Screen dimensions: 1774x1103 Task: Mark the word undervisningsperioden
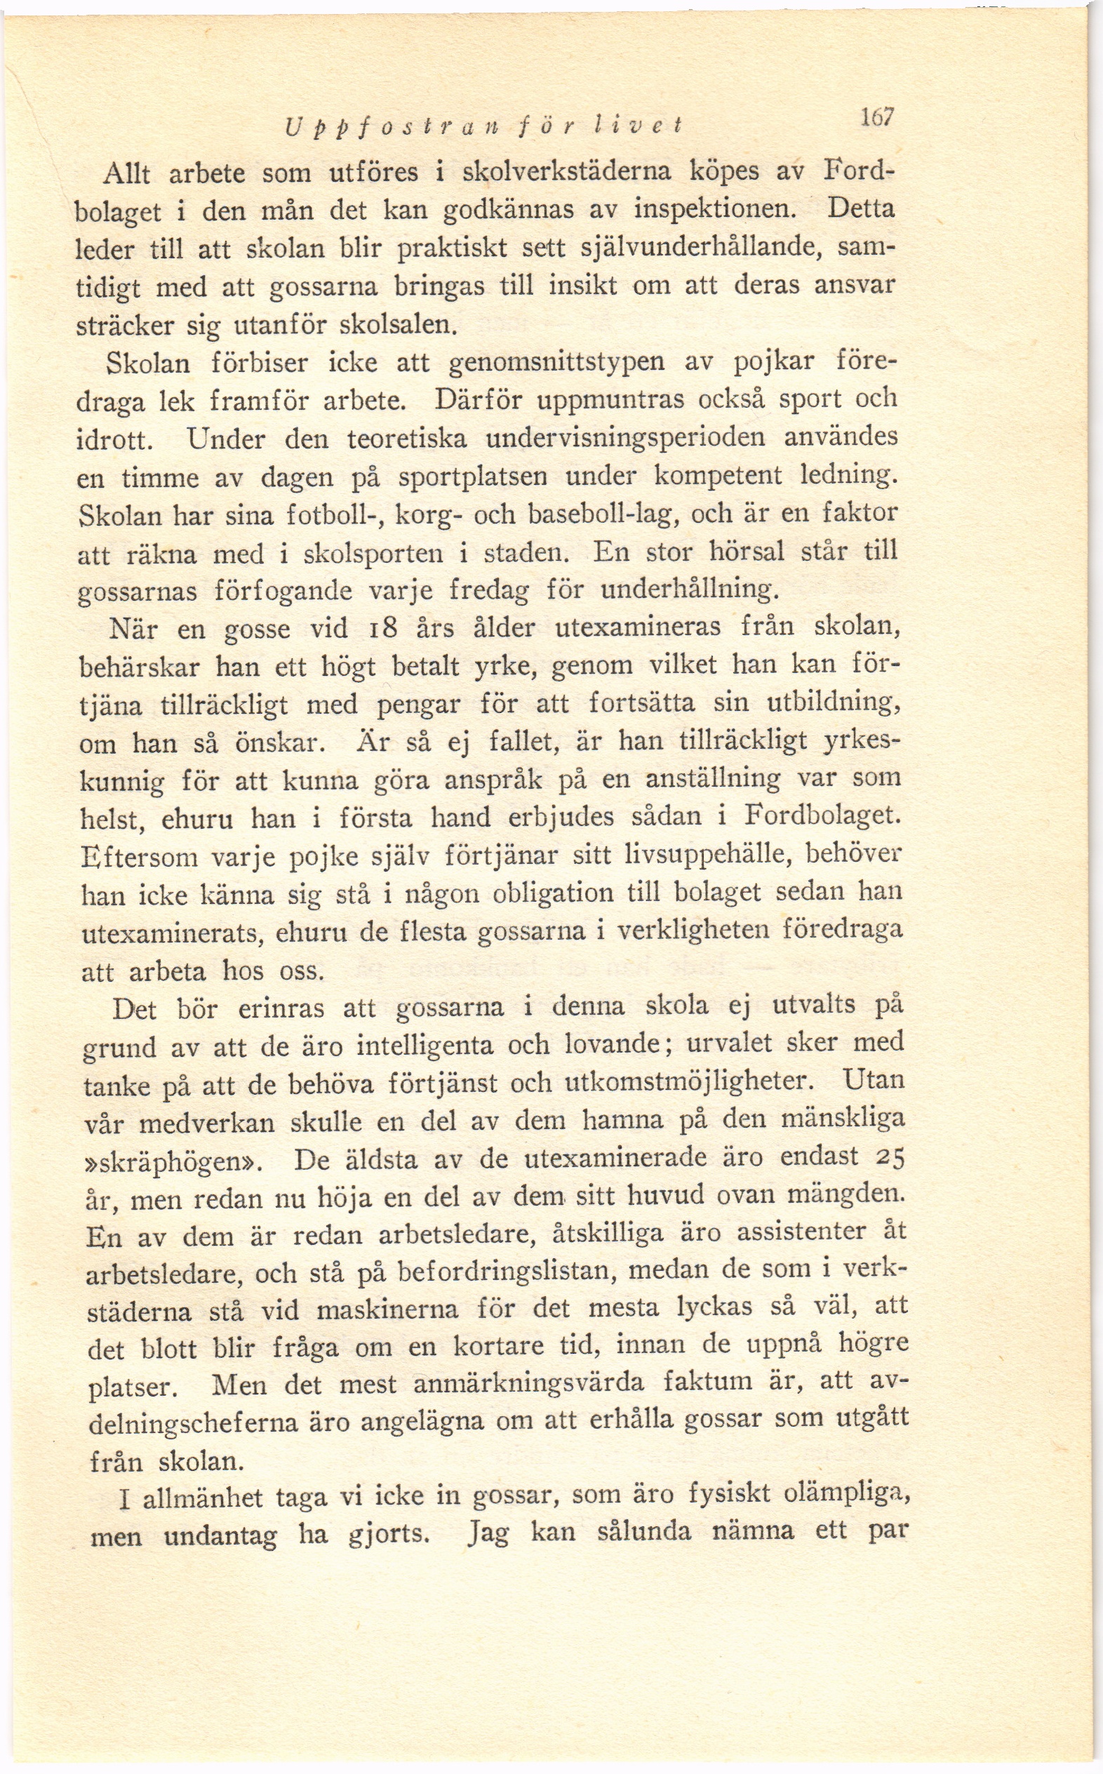pos(625,438)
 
